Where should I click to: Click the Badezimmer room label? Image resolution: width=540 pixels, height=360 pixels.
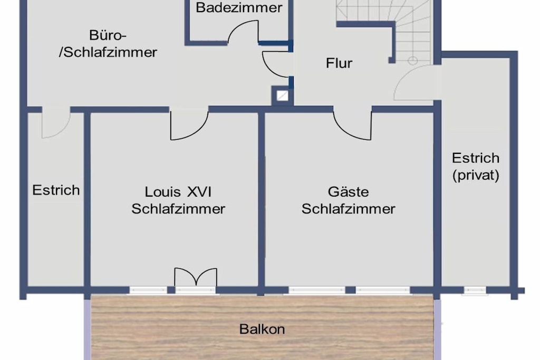pyautogui.click(x=239, y=7)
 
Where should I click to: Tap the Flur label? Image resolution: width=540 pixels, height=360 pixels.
pyautogui.click(x=339, y=63)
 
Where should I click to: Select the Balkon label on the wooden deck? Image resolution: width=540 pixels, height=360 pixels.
pyautogui.click(x=262, y=329)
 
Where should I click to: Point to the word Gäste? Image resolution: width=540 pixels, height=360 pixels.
pyautogui.click(x=348, y=192)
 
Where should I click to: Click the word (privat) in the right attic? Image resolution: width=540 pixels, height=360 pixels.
pyautogui.click(x=476, y=175)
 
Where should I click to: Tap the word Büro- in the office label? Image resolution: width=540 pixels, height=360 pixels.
pyautogui.click(x=108, y=35)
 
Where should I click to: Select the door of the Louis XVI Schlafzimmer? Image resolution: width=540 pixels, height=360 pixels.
pyautogui.click(x=189, y=126)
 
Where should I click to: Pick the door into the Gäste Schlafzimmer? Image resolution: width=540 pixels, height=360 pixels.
pyautogui.click(x=352, y=126)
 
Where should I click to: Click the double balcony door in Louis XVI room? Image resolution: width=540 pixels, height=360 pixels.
pyautogui.click(x=196, y=277)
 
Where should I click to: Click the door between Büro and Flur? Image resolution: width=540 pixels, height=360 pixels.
pyautogui.click(x=275, y=64)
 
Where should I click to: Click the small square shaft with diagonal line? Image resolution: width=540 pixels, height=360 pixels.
pyautogui.click(x=283, y=96)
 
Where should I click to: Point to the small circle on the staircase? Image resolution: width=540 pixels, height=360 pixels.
pyautogui.click(x=412, y=61)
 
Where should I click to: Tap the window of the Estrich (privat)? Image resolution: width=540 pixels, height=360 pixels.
pyautogui.click(x=475, y=291)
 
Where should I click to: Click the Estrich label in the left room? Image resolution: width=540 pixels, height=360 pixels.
pyautogui.click(x=56, y=190)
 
